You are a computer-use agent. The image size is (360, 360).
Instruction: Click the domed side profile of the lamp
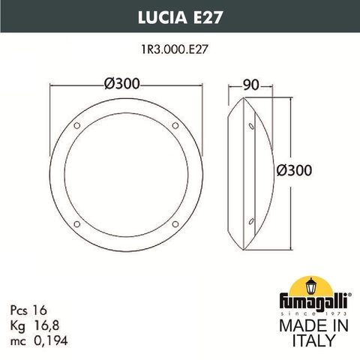(251, 172)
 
